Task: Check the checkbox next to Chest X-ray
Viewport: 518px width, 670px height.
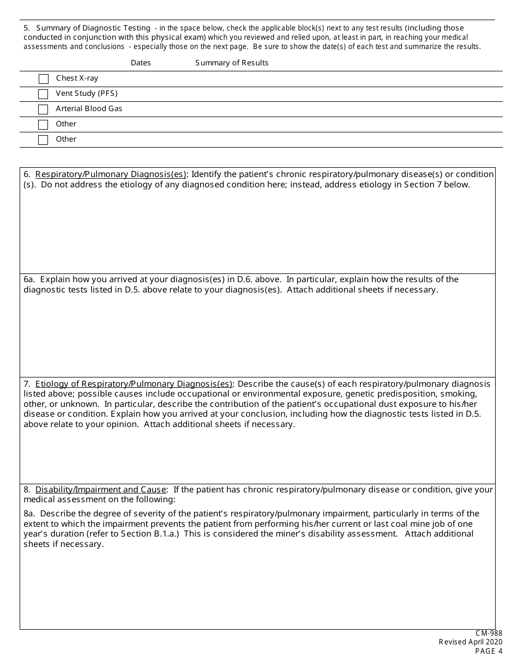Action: (x=44, y=79)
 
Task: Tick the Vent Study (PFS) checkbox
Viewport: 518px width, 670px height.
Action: (x=44, y=94)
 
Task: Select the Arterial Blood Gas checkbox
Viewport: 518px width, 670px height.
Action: (x=44, y=109)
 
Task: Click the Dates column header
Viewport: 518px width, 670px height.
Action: (x=141, y=63)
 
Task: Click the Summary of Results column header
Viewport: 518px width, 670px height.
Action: (x=232, y=63)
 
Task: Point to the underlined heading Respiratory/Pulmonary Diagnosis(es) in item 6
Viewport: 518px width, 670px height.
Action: (x=111, y=174)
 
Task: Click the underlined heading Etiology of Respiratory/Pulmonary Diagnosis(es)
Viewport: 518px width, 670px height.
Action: (x=134, y=384)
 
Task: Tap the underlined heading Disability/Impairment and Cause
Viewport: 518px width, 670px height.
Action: (x=101, y=490)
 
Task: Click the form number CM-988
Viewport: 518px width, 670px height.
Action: (x=489, y=634)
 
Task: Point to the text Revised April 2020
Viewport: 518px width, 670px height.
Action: (x=471, y=642)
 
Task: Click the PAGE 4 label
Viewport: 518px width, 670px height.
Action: (x=489, y=651)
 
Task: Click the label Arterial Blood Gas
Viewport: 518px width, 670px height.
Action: (x=89, y=108)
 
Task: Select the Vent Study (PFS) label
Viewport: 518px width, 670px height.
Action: (x=87, y=93)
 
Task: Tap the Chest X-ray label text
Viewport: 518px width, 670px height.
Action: (x=77, y=78)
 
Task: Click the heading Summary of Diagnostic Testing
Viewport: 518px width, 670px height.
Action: (x=93, y=28)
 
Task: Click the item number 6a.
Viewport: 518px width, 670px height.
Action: (x=29, y=279)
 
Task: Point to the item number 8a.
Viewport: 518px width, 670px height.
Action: (x=29, y=514)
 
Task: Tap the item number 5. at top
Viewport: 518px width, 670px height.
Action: (x=27, y=28)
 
